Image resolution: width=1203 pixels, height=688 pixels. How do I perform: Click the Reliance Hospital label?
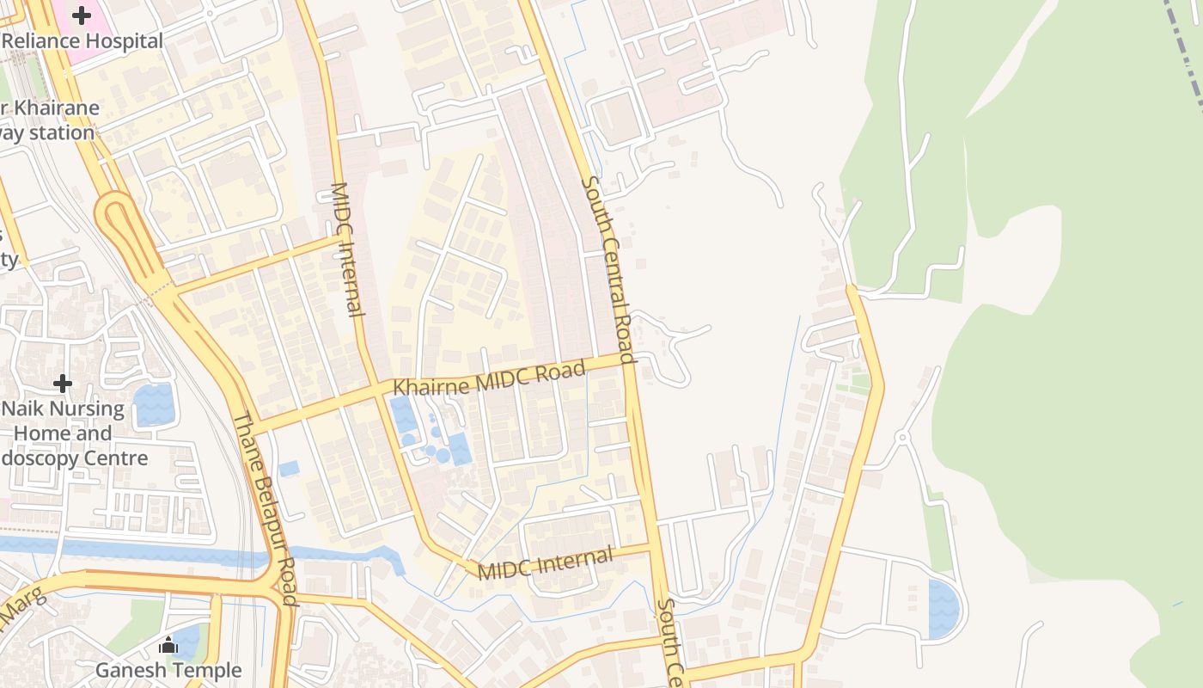[82, 41]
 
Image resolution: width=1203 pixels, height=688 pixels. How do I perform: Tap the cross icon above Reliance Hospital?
[82, 15]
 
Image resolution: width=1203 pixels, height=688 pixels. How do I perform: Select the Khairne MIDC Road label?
[489, 379]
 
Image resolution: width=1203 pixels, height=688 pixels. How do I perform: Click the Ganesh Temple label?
[168, 669]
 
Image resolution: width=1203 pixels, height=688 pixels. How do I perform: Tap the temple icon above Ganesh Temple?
[168, 645]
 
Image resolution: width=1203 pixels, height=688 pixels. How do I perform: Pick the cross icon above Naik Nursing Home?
[63, 383]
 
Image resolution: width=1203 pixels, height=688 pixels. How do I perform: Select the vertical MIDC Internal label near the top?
[347, 249]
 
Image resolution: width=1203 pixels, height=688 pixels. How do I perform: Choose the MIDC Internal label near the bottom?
[546, 563]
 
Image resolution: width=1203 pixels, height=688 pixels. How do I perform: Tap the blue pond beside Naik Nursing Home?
[153, 404]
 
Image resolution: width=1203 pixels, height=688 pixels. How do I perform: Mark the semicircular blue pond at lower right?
[943, 609]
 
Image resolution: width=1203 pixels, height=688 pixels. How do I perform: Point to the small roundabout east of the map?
[902, 438]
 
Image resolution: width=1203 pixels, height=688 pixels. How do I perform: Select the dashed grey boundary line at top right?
[1186, 52]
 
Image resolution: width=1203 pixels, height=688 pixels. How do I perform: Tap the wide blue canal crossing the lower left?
[129, 550]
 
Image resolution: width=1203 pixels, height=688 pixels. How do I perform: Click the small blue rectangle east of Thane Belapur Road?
[289, 469]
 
